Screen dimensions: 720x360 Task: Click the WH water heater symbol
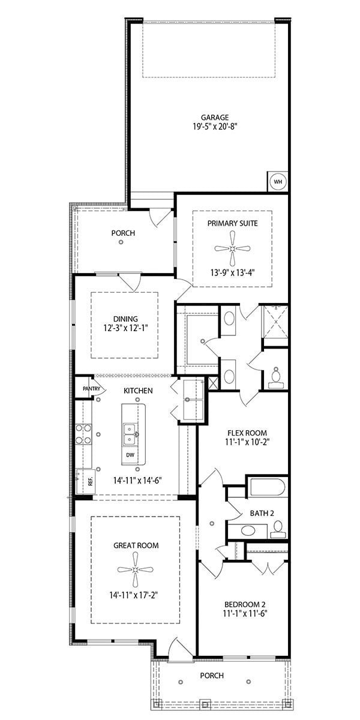click(278, 181)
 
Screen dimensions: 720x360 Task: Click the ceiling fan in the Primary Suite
click(232, 248)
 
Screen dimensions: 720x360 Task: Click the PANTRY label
click(91, 389)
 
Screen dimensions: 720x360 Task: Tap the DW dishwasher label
click(130, 455)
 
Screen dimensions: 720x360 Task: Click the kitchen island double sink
click(130, 433)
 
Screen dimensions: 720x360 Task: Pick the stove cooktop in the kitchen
click(83, 434)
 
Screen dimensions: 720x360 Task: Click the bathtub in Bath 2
click(268, 487)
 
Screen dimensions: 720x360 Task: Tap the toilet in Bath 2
click(277, 529)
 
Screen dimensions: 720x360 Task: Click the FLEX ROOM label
click(247, 433)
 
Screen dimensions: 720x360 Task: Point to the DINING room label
click(125, 319)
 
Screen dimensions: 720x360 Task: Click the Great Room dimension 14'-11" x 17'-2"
click(136, 595)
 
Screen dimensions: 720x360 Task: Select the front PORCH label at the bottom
click(211, 676)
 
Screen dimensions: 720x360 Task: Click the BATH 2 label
click(262, 514)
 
